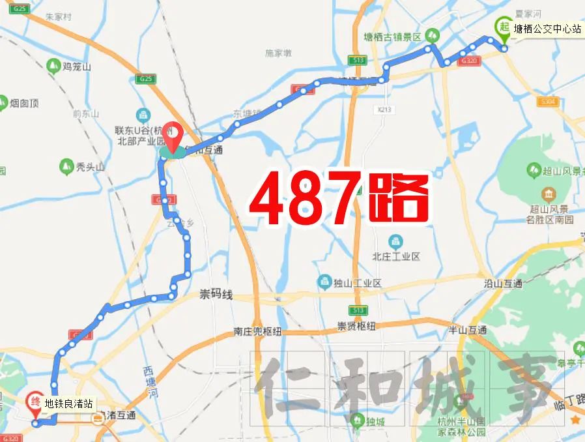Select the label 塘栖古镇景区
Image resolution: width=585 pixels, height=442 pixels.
coord(393,37)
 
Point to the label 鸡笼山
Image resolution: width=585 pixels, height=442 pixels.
coord(77,66)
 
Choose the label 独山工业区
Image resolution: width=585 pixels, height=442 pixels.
coord(358,283)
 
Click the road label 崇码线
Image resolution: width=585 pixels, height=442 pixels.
coord(216,295)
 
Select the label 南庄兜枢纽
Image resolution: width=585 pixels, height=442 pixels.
coord(257,331)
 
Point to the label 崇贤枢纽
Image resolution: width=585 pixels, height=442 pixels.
coord(356,326)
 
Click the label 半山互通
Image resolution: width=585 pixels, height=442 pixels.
coord(467,330)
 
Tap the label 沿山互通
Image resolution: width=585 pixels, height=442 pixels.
coord(503,284)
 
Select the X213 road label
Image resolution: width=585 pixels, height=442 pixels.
coord(384,109)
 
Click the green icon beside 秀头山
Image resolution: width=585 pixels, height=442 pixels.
coord(65,166)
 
